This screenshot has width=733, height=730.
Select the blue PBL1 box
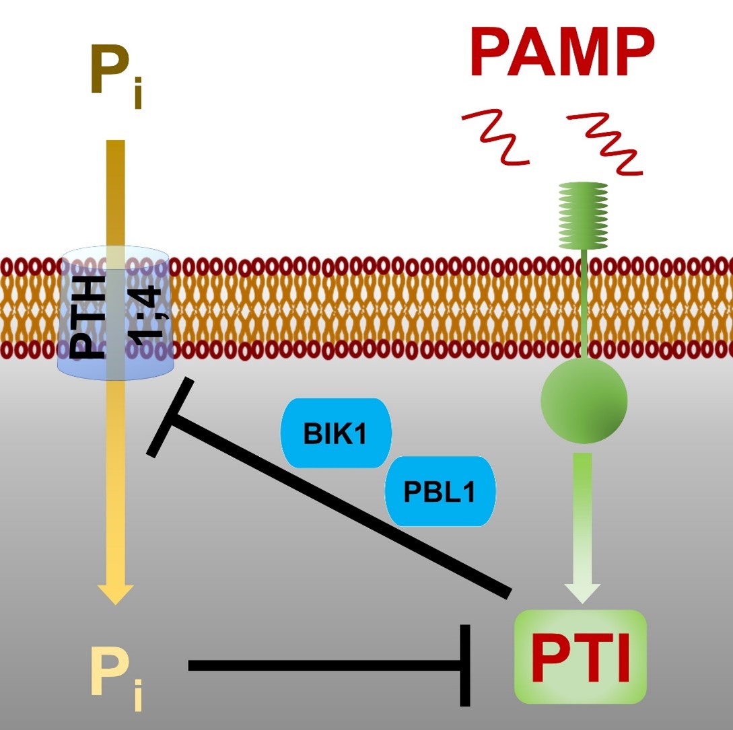tap(440, 492)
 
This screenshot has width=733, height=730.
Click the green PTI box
tap(580, 656)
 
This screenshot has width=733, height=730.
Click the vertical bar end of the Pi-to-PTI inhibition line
tap(464, 665)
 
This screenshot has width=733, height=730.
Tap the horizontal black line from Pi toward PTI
tap(323, 665)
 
